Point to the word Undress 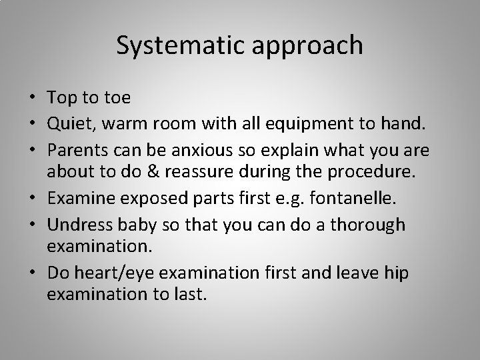(79, 224)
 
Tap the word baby (135, 224)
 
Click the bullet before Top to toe (34, 97)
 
